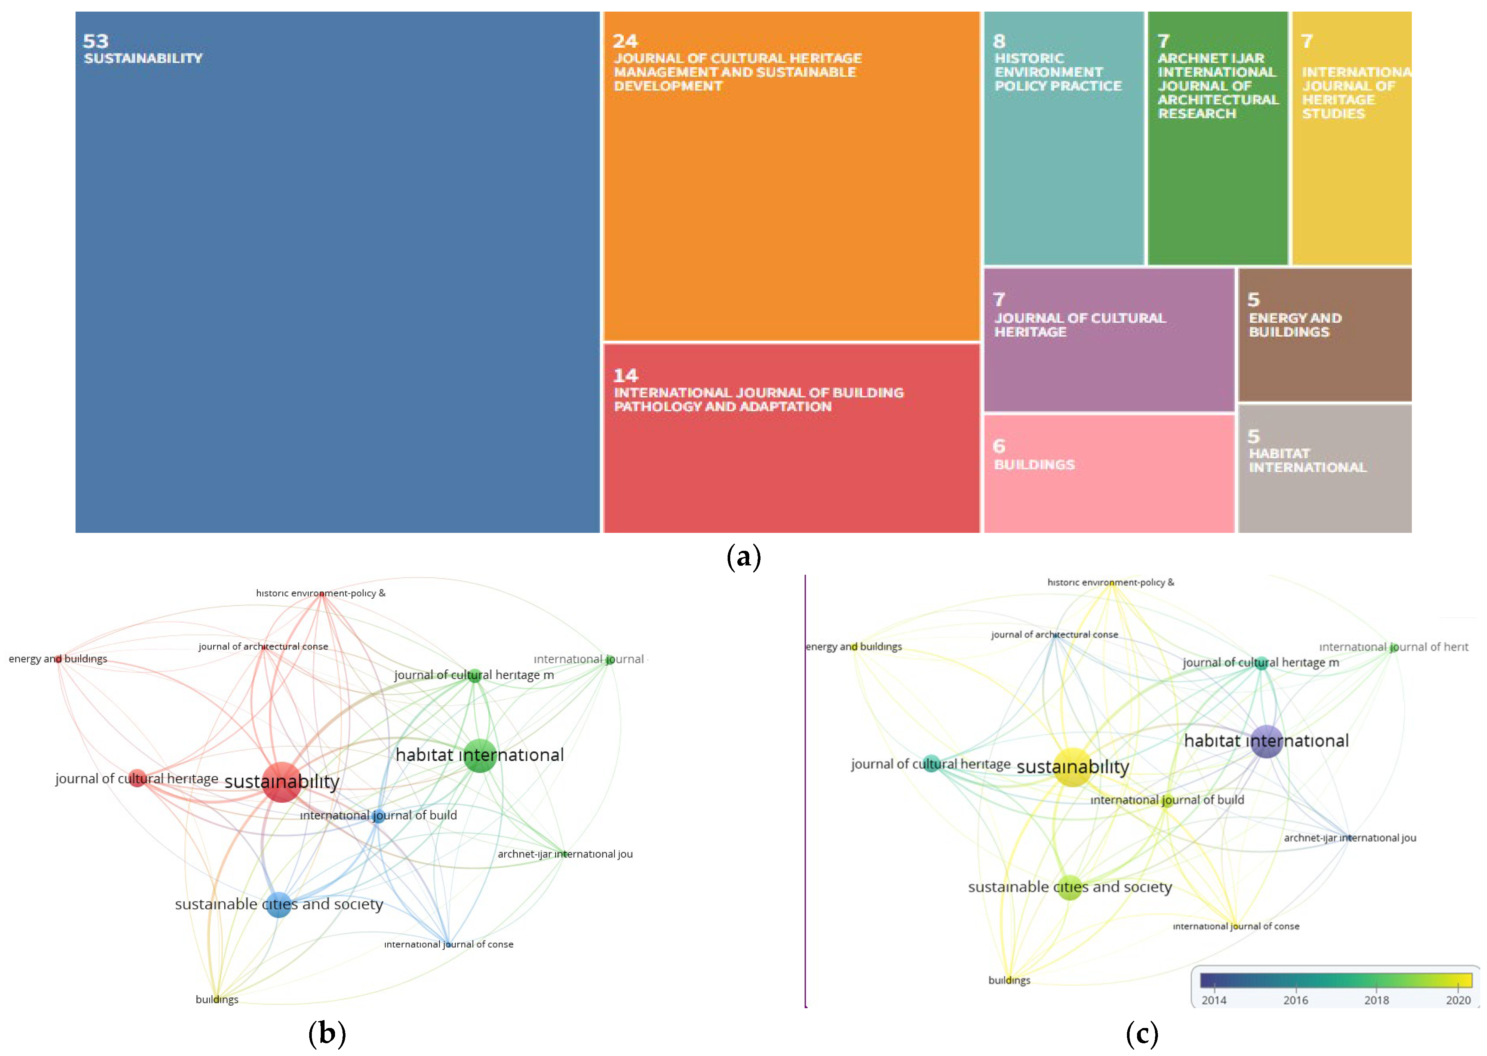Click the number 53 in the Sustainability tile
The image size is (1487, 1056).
click(x=96, y=42)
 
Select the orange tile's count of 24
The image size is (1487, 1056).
click(x=625, y=42)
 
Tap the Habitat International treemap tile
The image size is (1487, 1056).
click(x=1324, y=468)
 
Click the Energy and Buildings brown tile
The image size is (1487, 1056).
click(x=1324, y=335)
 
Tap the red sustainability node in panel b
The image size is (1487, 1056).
click(x=282, y=782)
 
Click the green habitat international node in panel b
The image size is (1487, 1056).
click(x=480, y=755)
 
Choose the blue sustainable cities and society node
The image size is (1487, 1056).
click(x=278, y=904)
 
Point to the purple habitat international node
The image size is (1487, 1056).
click(x=1266, y=741)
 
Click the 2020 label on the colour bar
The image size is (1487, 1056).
click(x=1458, y=1000)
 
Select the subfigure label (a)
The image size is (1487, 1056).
click(x=743, y=557)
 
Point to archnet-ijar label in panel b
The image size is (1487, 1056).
click(x=564, y=854)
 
